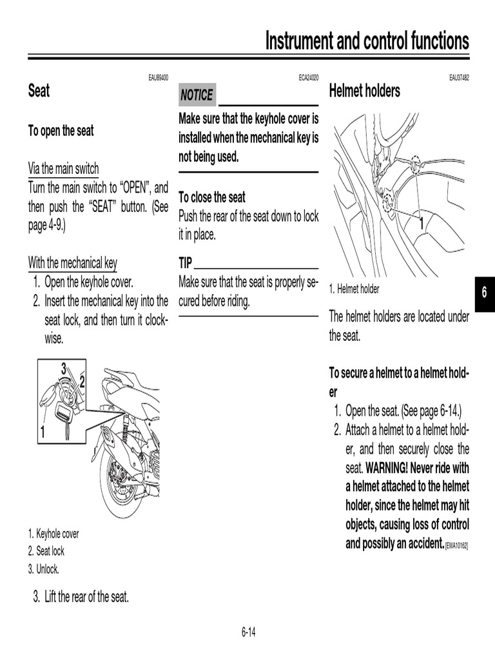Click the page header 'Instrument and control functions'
tap(367, 41)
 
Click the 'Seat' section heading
tap(39, 91)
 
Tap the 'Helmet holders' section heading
tap(364, 91)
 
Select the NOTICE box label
tap(197, 95)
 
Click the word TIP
tap(185, 263)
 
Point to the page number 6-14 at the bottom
tap(249, 632)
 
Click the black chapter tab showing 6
tap(483, 293)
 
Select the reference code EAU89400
tap(158, 78)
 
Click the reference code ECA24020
tap(308, 78)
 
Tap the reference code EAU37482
tap(459, 78)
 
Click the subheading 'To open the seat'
tap(61, 131)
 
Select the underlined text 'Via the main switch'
tap(63, 169)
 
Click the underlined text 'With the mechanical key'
tap(72, 263)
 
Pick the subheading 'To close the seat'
tap(212, 197)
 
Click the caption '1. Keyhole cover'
tap(53, 534)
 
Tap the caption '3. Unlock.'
tap(43, 569)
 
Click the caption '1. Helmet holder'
tap(354, 289)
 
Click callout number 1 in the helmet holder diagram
tap(421, 225)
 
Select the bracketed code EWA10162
tap(456, 545)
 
